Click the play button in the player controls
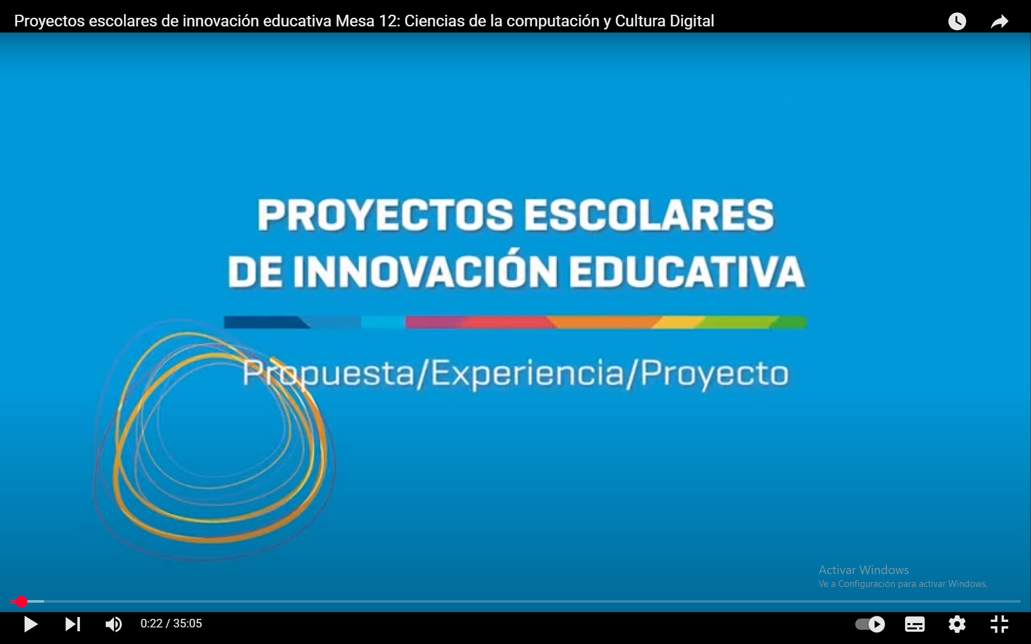click(x=31, y=624)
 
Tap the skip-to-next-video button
click(x=72, y=624)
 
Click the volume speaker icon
click(x=113, y=624)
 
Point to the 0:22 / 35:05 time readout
click(x=171, y=623)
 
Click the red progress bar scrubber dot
click(x=21, y=601)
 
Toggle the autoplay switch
click(x=870, y=624)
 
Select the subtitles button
click(x=914, y=624)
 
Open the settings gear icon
click(x=957, y=624)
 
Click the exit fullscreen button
click(x=999, y=624)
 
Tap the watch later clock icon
click(x=957, y=21)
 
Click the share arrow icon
click(x=999, y=21)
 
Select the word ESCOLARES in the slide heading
click(x=649, y=215)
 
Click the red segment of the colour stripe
click(x=506, y=322)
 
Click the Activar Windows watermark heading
click(x=863, y=570)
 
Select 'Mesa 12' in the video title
click(x=366, y=21)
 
